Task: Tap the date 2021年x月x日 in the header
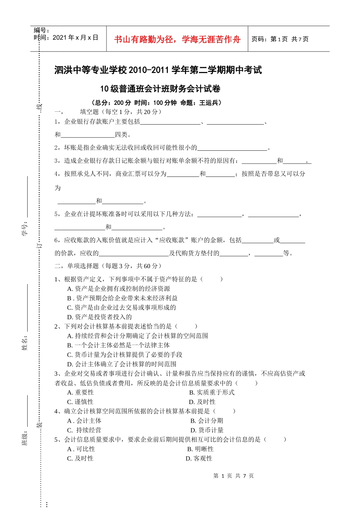coord(75,37)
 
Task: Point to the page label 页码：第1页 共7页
coord(280,39)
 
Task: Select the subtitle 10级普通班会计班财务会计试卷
coord(160,89)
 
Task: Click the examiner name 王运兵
coord(209,103)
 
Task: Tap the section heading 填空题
coord(89,112)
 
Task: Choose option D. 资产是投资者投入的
coord(99,317)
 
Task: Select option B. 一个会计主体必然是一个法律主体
coord(118,345)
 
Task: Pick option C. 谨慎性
coord(80,402)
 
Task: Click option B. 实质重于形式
coord(211,392)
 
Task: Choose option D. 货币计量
coord(207,430)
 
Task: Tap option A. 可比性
coord(81,449)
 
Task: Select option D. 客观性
coord(199,459)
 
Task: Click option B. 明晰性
coord(200,449)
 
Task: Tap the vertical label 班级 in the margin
coord(25,438)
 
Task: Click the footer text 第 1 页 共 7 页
coord(233,476)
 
